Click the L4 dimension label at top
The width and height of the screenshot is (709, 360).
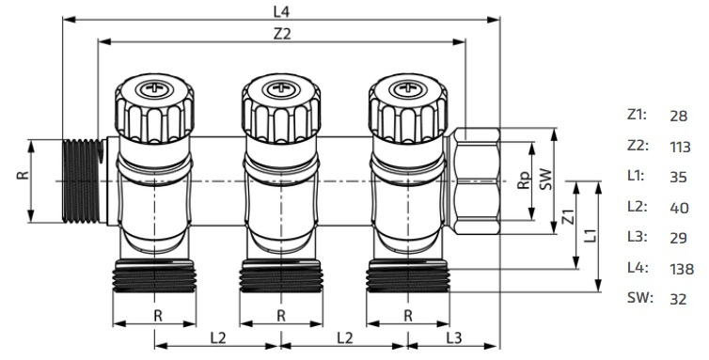281,12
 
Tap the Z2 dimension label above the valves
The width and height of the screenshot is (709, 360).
282,34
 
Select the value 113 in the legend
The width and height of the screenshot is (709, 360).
680,147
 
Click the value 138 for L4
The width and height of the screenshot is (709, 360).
682,269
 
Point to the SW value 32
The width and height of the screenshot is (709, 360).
678,299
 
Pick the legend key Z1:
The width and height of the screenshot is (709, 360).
637,115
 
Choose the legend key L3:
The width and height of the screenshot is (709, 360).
638,237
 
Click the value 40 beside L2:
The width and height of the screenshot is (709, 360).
679,208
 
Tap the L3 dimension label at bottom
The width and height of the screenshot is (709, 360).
454,337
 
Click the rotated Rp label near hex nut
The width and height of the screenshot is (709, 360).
524,180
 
